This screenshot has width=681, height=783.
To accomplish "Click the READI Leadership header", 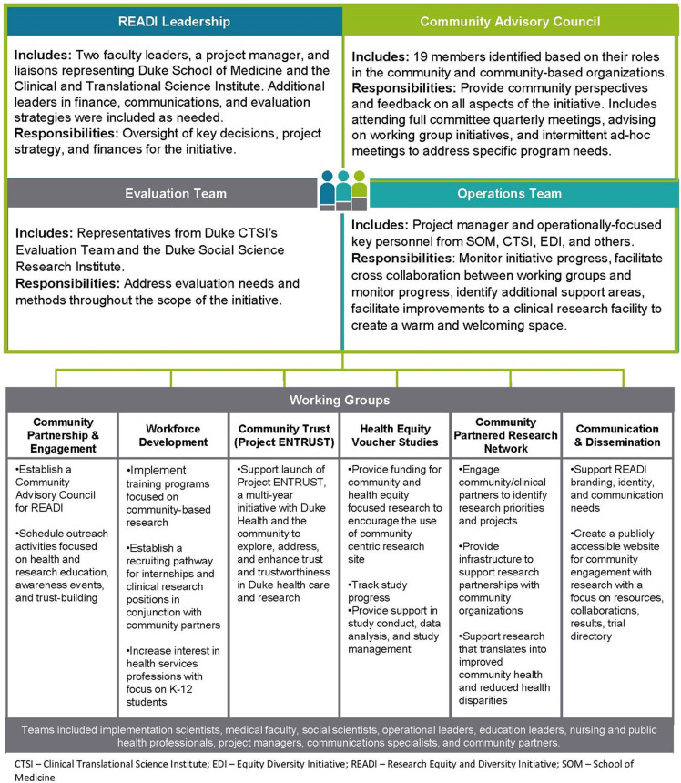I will (x=174, y=21).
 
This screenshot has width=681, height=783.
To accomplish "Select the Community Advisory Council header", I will (x=512, y=21).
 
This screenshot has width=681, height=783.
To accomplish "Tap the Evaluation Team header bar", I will (x=174, y=194).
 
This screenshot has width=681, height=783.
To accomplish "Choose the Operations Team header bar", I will (x=512, y=194).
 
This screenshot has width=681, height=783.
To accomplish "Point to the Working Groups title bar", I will (x=340, y=401).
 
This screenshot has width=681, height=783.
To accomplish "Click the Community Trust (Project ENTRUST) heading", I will (x=285, y=435).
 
